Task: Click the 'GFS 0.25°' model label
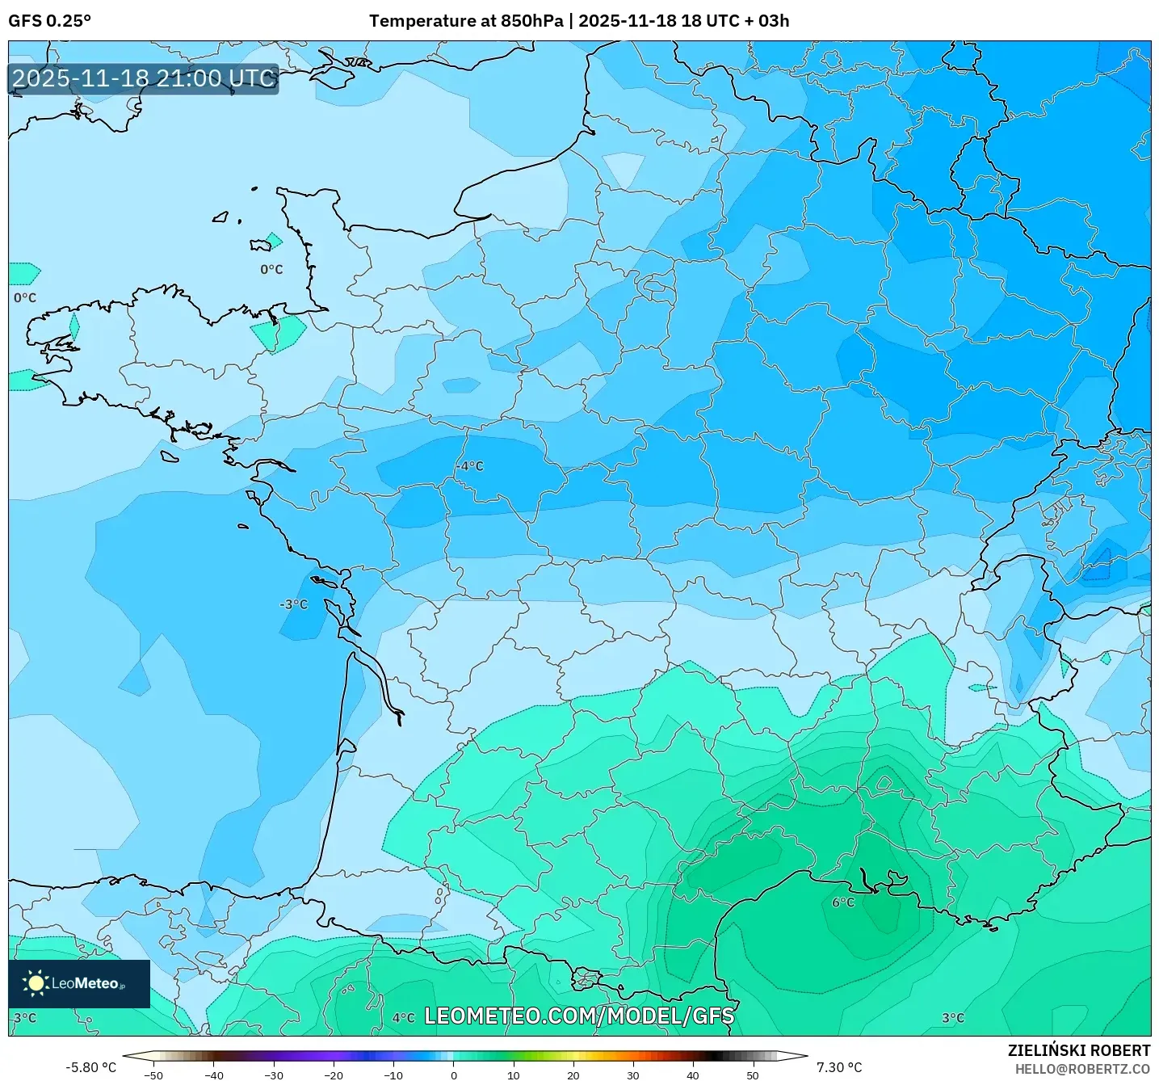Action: [49, 21]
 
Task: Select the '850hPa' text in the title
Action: [531, 21]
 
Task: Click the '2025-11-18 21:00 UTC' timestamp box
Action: [144, 78]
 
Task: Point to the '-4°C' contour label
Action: [469, 466]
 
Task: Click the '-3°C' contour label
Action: [294, 604]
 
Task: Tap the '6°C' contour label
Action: [843, 902]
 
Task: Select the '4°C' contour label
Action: [404, 1018]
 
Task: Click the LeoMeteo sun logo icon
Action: [36, 983]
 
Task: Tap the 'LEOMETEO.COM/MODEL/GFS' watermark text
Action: [579, 1016]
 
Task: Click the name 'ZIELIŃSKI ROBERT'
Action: [1079, 1050]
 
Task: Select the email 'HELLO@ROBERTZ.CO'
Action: [1082, 1069]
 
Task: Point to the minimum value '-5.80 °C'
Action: [90, 1067]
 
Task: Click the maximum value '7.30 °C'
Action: [839, 1067]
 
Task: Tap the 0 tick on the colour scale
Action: [453, 1075]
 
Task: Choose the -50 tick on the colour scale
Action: [153, 1075]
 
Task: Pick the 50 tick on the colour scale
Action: [753, 1075]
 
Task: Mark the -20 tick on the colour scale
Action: [334, 1075]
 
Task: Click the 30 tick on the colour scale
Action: [632, 1075]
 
